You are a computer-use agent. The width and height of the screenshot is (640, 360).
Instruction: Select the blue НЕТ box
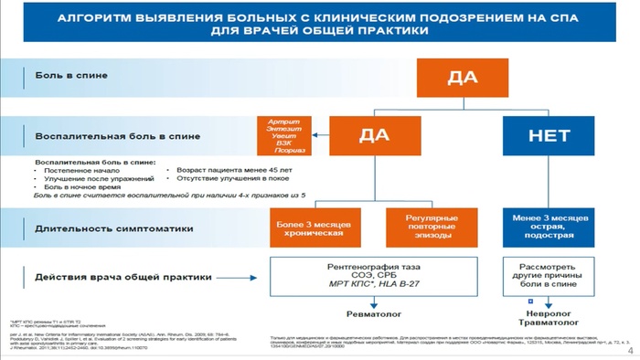click(549, 135)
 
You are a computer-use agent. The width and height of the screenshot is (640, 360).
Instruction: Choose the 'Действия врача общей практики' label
click(109, 276)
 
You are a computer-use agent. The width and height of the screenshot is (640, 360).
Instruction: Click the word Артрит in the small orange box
click(283, 122)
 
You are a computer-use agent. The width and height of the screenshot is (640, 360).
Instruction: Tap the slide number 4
click(630, 351)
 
